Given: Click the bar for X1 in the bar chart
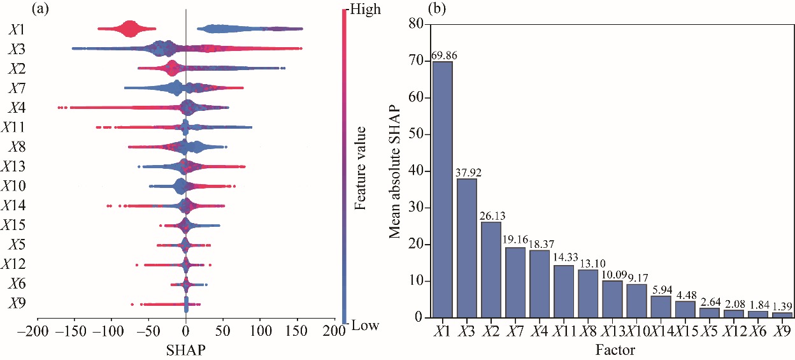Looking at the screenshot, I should pyautogui.click(x=443, y=189).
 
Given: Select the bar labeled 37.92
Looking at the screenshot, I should pyautogui.click(x=467, y=248).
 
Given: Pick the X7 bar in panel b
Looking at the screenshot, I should pyautogui.click(x=515, y=282).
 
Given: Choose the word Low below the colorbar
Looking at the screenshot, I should pyautogui.click(x=364, y=326).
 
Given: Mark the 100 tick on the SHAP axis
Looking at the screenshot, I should pyautogui.click(x=260, y=331).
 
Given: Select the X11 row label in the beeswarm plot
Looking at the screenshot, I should pyautogui.click(x=14, y=127).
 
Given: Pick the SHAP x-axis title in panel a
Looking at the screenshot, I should pyautogui.click(x=186, y=350).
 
